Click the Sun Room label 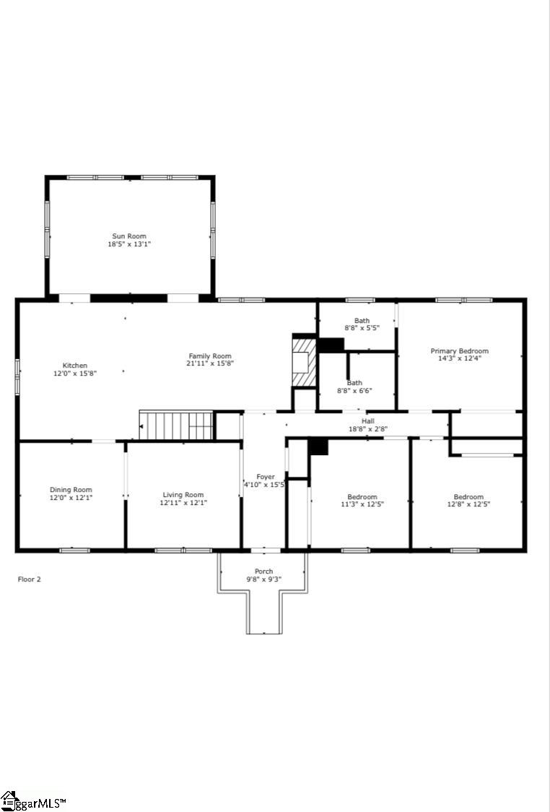[129, 236]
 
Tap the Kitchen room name [75, 366]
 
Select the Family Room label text [209, 355]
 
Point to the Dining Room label [71, 489]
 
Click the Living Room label [183, 495]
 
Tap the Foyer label [266, 476]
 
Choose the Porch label [264, 571]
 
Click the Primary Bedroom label [460, 350]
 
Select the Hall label [368, 421]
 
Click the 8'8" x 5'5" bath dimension [362, 328]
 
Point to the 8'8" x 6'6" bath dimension [354, 390]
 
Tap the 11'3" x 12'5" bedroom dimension [362, 504]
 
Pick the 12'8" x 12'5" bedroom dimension [468, 504]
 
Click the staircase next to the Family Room [176, 426]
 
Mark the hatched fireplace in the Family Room [304, 362]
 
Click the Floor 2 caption [30, 579]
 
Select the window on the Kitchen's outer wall [17, 377]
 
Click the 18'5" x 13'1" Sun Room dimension [129, 244]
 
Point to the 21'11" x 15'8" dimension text [210, 363]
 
